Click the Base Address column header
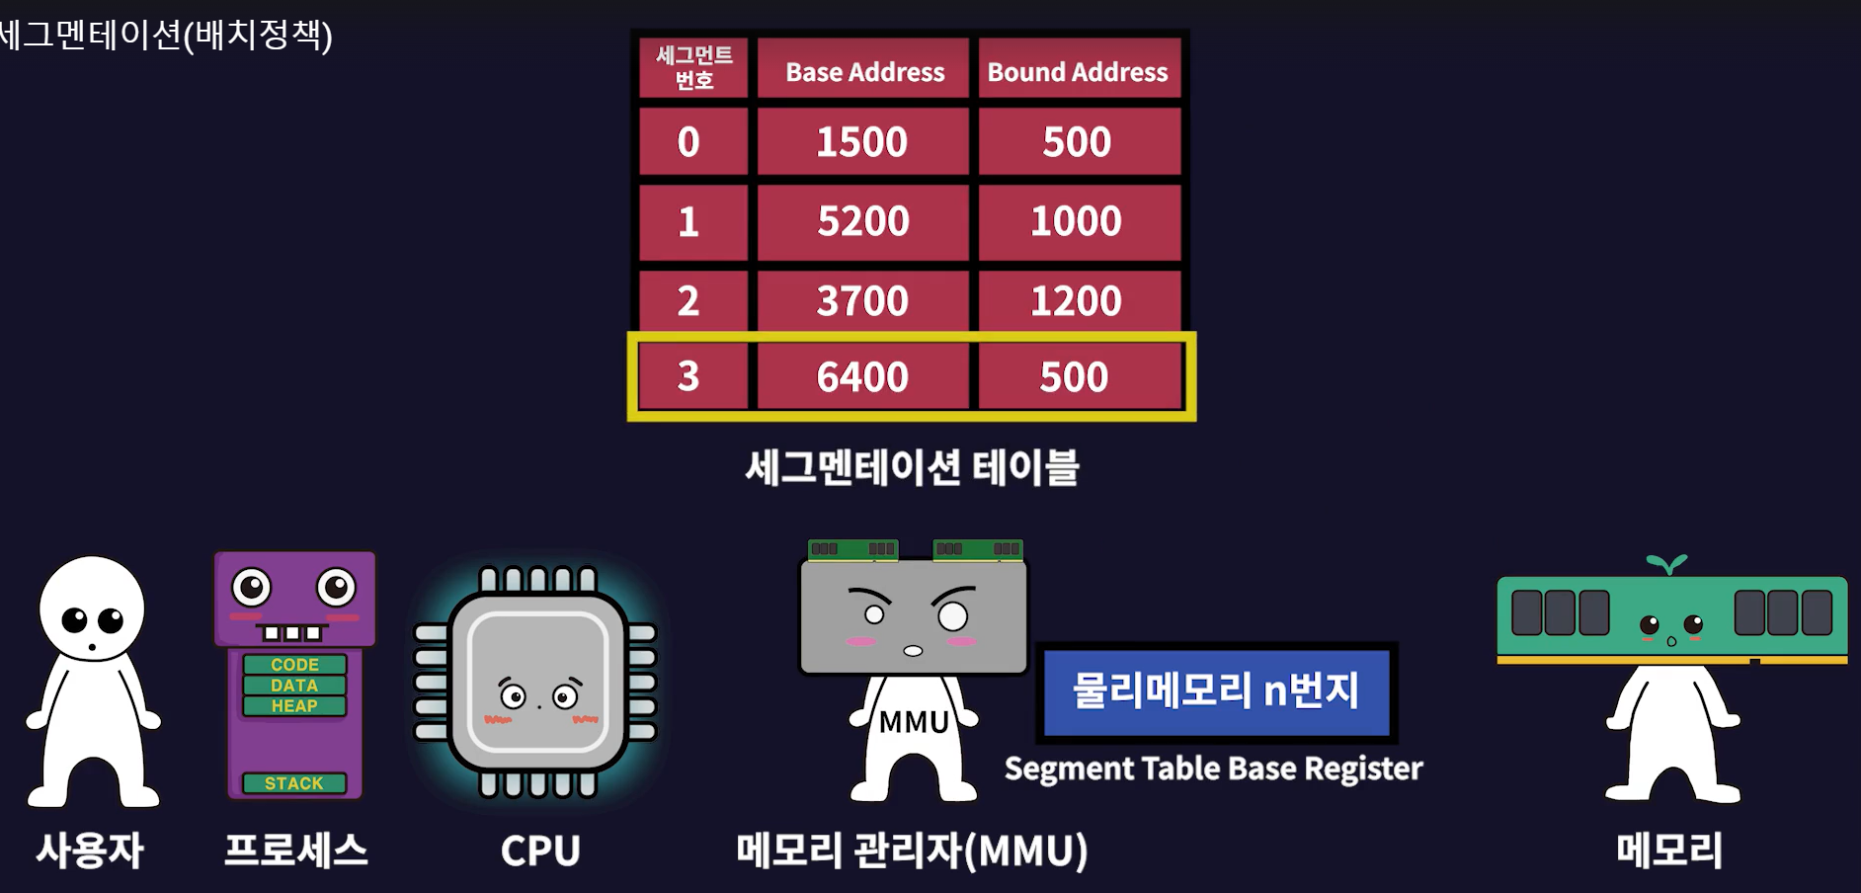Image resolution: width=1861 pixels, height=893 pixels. (864, 71)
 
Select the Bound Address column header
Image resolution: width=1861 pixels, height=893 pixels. (1078, 71)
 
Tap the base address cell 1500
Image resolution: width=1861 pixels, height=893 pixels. (862, 142)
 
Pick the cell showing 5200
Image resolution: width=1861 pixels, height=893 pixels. (862, 221)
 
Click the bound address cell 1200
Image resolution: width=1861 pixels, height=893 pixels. (1077, 300)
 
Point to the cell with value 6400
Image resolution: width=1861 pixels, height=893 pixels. (862, 376)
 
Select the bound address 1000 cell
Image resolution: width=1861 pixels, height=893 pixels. (1077, 221)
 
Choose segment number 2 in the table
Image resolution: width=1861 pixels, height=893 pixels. (688, 300)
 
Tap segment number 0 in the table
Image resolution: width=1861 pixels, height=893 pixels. (688, 142)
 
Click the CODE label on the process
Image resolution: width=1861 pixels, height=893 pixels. (294, 665)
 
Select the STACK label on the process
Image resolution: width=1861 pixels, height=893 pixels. (294, 783)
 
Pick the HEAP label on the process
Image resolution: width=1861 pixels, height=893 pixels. (294, 706)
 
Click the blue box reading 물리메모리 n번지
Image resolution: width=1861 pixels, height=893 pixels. (1216, 690)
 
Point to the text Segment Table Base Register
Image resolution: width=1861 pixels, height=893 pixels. (1213, 769)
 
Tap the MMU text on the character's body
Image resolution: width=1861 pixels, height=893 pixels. (914, 722)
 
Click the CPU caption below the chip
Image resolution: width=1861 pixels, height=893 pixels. (540, 851)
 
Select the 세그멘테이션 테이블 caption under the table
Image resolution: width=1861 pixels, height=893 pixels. (912, 467)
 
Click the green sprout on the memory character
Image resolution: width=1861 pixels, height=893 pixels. (1667, 564)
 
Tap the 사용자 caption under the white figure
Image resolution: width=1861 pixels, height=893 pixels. (90, 851)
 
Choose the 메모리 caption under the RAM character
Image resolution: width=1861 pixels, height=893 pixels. (1669, 851)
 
